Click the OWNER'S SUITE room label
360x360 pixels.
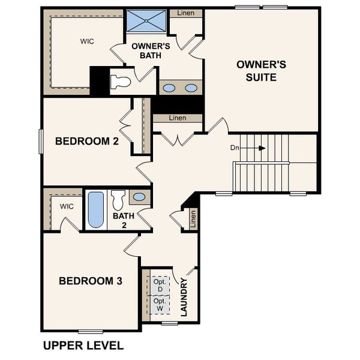point(256,71)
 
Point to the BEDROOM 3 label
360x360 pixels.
point(91,280)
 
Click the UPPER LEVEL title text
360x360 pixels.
point(83,346)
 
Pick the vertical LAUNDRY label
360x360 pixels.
point(184,296)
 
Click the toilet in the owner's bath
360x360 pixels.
point(122,82)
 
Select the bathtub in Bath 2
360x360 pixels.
point(96,210)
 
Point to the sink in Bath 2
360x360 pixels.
point(139,197)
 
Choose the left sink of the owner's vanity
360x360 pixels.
point(170,88)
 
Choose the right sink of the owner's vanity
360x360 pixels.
point(191,88)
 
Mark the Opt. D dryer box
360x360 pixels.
point(160,285)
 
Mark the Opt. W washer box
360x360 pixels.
point(160,305)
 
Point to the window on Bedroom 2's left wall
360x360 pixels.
point(41,141)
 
